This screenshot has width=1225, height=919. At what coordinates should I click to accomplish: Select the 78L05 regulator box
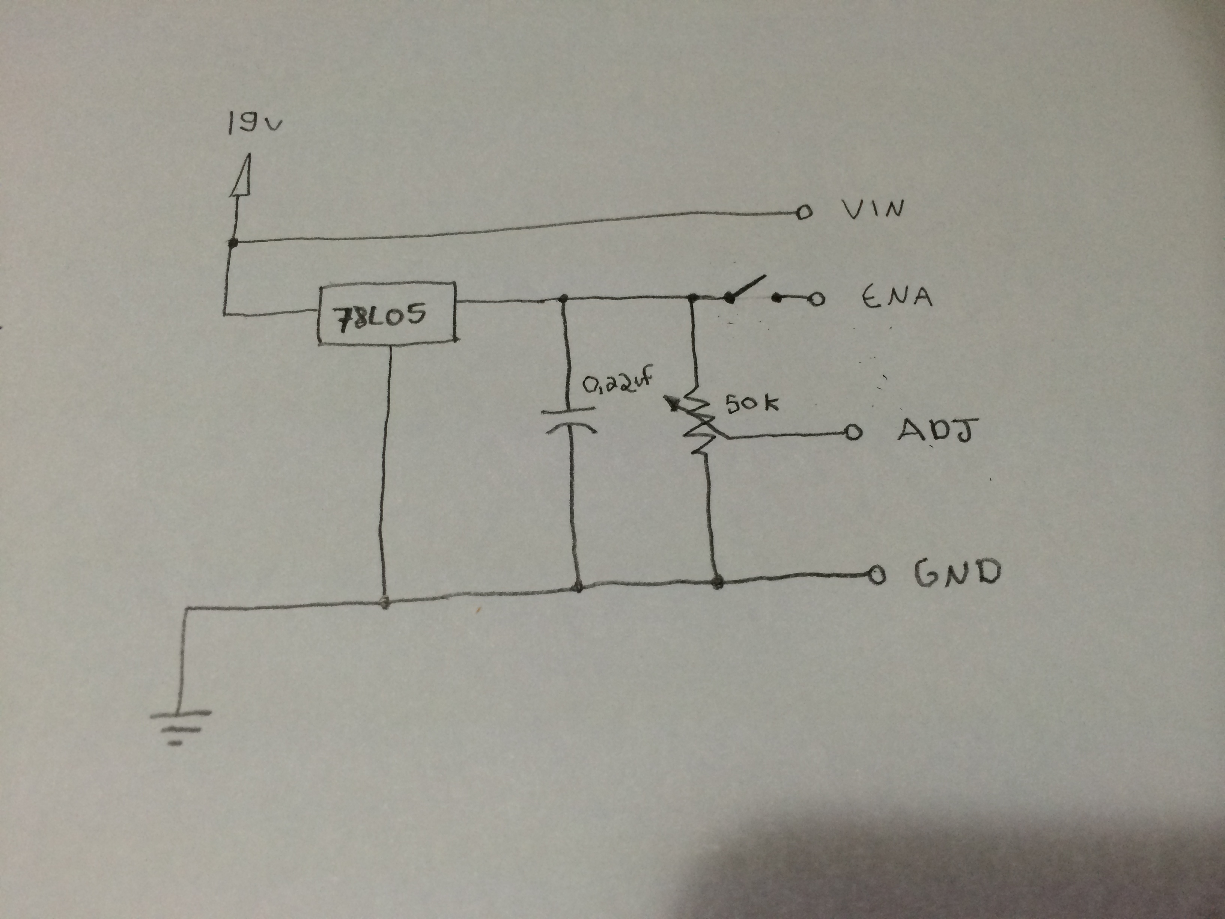[x=387, y=314]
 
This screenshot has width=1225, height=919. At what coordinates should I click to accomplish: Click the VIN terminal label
[x=873, y=209]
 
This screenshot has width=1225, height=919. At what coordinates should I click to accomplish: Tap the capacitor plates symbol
[x=569, y=419]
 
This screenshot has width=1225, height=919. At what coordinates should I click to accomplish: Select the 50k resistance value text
[x=751, y=403]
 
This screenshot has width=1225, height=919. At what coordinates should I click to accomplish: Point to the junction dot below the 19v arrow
[x=233, y=243]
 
